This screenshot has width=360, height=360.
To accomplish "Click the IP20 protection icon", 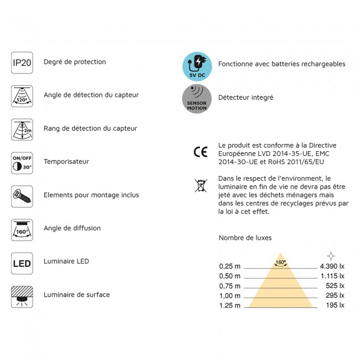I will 22,63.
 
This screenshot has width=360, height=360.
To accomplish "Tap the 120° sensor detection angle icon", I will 22,96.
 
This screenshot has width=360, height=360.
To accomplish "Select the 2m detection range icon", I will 22,130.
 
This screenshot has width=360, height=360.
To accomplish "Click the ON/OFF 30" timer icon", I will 22,162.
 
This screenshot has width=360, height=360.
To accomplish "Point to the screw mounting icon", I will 22,196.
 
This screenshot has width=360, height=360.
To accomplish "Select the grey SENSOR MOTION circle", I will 197,99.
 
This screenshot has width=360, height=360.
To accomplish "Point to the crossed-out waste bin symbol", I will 200,186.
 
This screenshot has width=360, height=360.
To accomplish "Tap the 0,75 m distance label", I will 230,286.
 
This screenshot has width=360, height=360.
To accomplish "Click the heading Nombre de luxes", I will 245,238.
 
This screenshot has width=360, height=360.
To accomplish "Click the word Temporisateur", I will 66,162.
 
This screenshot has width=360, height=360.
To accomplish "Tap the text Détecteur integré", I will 246,97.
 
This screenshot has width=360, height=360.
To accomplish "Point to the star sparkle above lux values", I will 331,255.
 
